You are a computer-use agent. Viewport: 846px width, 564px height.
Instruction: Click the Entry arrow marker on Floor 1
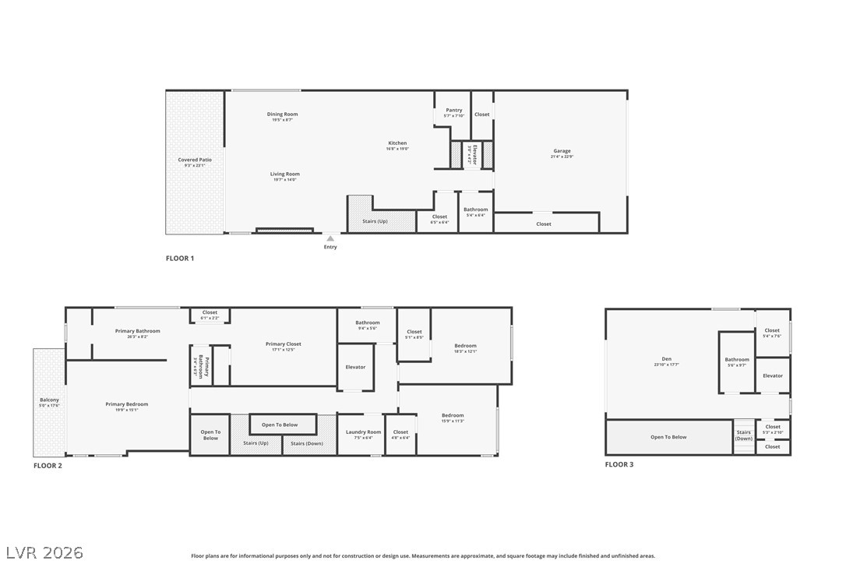point(330,238)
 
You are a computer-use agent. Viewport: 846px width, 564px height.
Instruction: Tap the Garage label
point(562,151)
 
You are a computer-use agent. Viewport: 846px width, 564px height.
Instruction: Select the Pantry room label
point(454,111)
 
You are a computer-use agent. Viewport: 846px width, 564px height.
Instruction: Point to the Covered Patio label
point(195,160)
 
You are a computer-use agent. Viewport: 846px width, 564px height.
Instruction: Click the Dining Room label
point(283,115)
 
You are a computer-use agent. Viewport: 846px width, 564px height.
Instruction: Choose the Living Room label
point(285,174)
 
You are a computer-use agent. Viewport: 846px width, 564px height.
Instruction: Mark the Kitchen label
point(397,143)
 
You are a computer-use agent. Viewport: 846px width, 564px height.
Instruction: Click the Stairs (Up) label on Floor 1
point(375,221)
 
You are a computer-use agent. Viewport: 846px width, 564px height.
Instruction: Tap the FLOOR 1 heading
point(180,258)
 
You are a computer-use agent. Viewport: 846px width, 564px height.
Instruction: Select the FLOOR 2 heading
point(48,466)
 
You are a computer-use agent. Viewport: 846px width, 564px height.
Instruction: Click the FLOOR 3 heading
point(619,464)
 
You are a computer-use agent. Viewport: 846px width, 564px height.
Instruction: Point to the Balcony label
point(49,400)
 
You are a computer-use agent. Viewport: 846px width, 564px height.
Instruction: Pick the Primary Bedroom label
point(127,404)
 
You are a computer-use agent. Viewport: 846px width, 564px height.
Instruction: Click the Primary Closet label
point(283,344)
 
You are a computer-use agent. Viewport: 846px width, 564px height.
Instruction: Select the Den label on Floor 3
point(666,359)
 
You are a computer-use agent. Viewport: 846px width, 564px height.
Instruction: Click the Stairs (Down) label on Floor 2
point(307,444)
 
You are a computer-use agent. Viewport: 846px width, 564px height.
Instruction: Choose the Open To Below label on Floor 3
point(668,437)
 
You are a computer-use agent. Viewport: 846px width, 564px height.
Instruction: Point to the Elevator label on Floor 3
point(773,376)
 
